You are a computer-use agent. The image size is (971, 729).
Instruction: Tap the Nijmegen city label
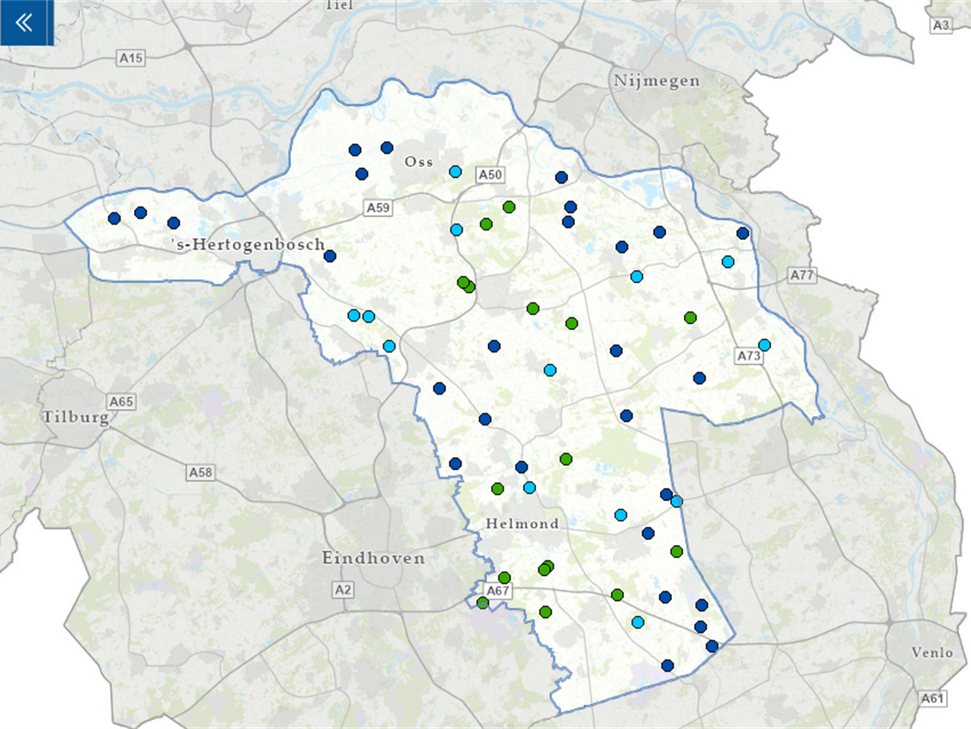point(657,81)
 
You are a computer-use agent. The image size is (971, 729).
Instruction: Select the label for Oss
point(419,162)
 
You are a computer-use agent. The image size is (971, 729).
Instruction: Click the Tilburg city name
point(76,417)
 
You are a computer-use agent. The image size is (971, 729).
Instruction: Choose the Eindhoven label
point(373,558)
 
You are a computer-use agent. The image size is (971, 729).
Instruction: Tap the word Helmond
point(522,524)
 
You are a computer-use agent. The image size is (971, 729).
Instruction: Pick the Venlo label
point(932,652)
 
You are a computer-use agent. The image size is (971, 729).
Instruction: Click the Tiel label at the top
point(340,5)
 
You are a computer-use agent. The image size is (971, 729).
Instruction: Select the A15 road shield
point(131,58)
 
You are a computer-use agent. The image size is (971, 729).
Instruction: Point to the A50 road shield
point(490,175)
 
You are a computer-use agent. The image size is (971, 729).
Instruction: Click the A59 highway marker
point(378,207)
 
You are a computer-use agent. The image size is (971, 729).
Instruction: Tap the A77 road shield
point(802,275)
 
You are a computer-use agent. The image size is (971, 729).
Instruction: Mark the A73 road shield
point(749,355)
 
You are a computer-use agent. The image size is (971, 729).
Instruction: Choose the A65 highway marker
point(121,401)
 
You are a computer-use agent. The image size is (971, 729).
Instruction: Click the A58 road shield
point(200,472)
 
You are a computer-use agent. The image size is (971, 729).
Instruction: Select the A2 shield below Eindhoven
point(343,589)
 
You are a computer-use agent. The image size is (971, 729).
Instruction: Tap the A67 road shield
point(498,591)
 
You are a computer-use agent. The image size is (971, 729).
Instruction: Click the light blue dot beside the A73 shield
point(764,345)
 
